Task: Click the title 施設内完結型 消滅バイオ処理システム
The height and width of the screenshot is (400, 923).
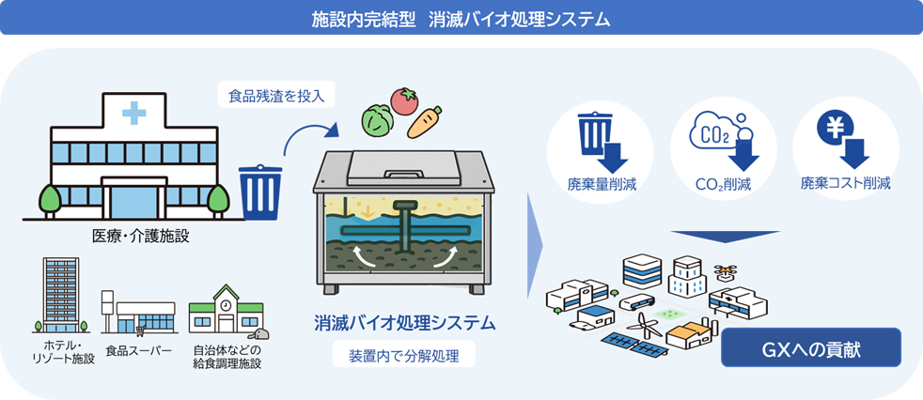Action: (x=461, y=18)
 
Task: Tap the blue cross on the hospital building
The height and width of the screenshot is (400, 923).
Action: (x=133, y=114)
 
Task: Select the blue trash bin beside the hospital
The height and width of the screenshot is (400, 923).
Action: (x=255, y=191)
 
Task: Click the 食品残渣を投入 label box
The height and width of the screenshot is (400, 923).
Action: (x=276, y=95)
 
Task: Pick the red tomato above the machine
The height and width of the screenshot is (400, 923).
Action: (x=405, y=100)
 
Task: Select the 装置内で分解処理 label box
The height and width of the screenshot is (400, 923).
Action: (x=404, y=356)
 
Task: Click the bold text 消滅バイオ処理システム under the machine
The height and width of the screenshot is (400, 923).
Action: (x=404, y=324)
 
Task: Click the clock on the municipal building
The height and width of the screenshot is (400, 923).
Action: (x=226, y=306)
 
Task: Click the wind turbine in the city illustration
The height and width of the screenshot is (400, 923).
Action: (x=647, y=325)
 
